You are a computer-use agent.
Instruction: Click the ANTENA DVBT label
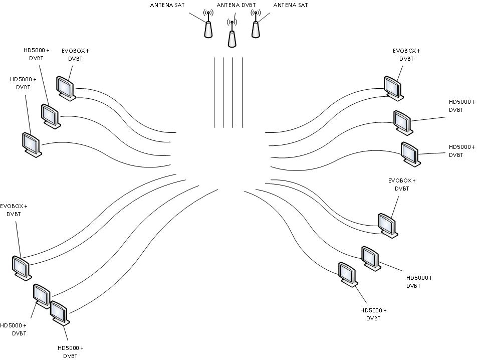pyautogui.click(x=236, y=5)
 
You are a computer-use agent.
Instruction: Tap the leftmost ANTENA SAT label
pyautogui.click(x=167, y=5)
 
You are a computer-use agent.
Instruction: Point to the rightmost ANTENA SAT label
pyautogui.click(x=291, y=5)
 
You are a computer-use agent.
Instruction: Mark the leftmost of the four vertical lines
pyautogui.click(x=214, y=92)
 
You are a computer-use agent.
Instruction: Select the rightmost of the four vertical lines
pyautogui.click(x=242, y=92)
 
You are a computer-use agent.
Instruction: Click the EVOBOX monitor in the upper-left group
pyautogui.click(x=66, y=88)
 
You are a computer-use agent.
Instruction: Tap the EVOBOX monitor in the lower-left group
pyautogui.click(x=22, y=268)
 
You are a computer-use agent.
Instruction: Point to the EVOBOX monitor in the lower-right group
pyautogui.click(x=388, y=226)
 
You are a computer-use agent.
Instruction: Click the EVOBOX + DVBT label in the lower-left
pyautogui.click(x=14, y=210)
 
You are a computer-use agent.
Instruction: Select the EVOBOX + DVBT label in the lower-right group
pyautogui.click(x=402, y=185)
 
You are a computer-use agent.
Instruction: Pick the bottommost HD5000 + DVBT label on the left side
pyautogui.click(x=70, y=352)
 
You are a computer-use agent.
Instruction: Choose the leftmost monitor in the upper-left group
pyautogui.click(x=32, y=144)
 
